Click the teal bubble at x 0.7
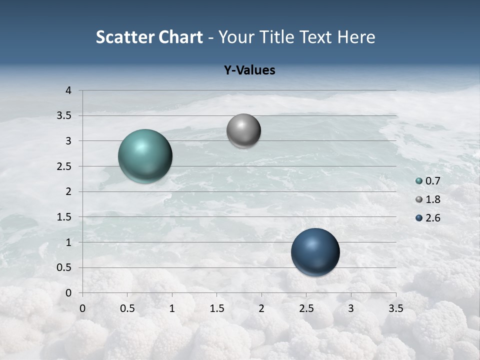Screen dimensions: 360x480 [x=145, y=156]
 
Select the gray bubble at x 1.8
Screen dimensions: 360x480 [x=243, y=131]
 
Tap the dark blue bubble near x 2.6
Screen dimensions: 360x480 [x=315, y=252]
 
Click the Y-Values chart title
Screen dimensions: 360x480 [x=249, y=70]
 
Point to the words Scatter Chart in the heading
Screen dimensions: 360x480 [x=149, y=37]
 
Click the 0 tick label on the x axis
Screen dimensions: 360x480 [x=82, y=308]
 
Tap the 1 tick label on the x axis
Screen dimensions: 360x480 [x=172, y=308]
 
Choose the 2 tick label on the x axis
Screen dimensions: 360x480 [x=261, y=308]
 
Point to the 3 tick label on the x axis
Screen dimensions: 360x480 [x=351, y=308]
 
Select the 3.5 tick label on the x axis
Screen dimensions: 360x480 [x=395, y=308]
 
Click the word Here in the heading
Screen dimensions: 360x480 [x=355, y=37]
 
